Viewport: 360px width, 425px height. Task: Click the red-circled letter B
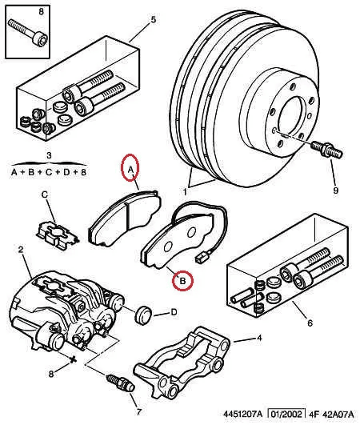[183, 281]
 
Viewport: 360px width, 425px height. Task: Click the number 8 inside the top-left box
[22, 11]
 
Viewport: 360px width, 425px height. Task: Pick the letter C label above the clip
[45, 194]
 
